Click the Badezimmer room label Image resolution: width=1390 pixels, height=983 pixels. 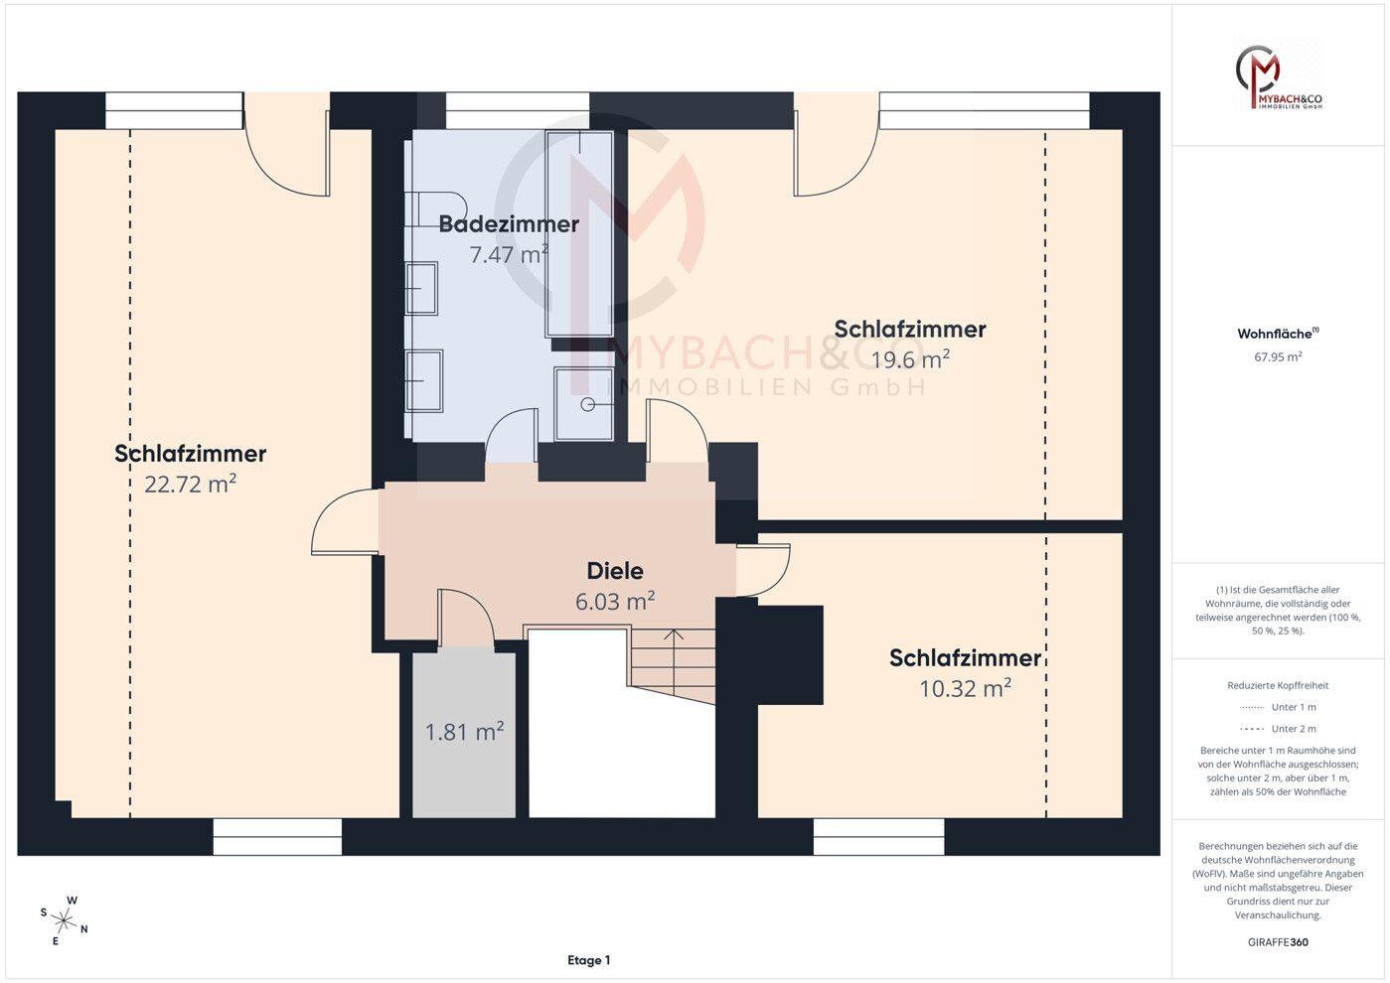[509, 223]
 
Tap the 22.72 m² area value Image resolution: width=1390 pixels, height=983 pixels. [191, 484]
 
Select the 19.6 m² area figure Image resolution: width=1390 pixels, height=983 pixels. [910, 359]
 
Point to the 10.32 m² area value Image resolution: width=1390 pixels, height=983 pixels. [966, 688]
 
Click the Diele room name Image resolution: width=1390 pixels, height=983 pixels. [615, 571]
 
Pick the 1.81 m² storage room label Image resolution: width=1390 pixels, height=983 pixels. [464, 732]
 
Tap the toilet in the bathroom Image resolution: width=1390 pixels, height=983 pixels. [435, 210]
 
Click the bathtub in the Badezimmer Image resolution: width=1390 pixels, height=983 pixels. [579, 233]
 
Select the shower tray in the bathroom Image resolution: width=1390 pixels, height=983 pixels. [584, 404]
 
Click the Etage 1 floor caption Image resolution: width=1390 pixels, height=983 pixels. [589, 960]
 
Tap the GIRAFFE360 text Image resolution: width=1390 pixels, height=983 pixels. [1278, 942]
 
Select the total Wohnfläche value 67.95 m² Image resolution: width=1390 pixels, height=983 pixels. [1278, 356]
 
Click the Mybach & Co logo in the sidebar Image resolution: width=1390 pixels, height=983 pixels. [1278, 76]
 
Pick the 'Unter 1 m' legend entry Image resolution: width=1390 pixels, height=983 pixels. [1278, 707]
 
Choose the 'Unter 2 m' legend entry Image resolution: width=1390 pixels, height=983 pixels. [1278, 729]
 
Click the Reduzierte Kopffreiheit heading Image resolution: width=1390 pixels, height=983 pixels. [1278, 685]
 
